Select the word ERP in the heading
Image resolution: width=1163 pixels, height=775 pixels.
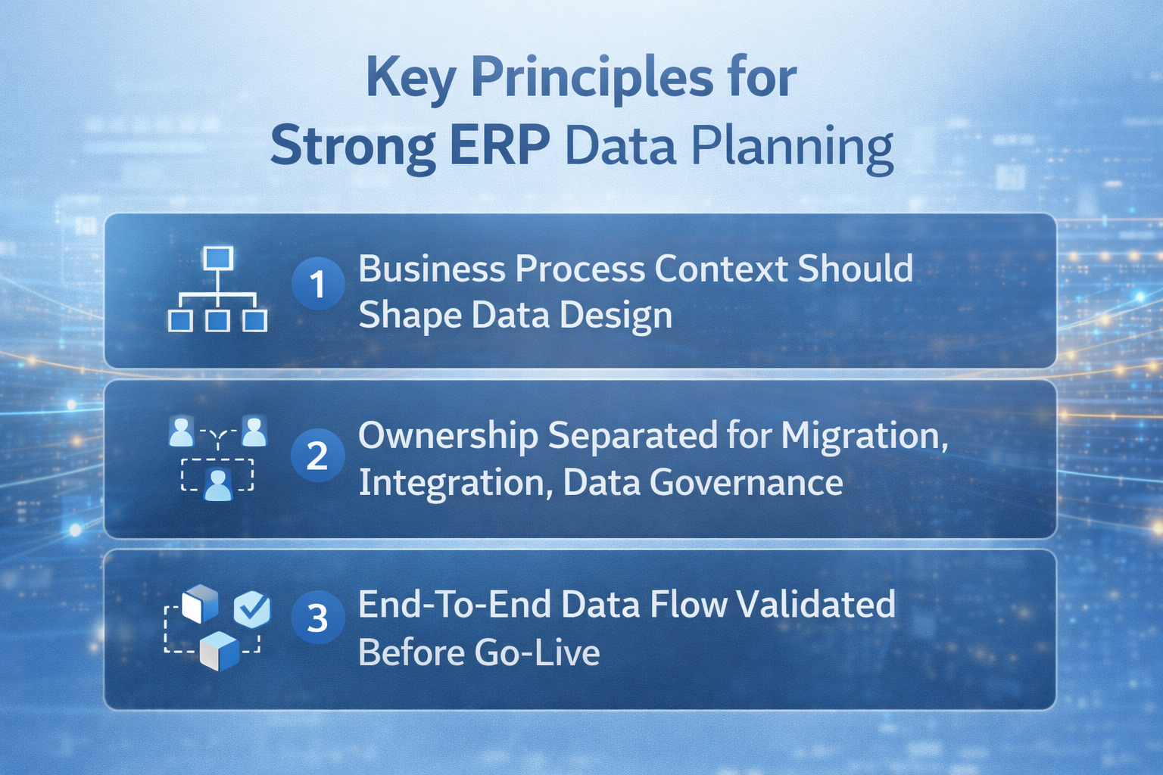(x=500, y=145)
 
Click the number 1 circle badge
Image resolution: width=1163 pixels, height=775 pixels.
(x=318, y=285)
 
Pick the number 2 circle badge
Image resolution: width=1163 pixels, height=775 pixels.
(x=318, y=456)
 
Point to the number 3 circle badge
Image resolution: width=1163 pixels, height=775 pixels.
(x=318, y=618)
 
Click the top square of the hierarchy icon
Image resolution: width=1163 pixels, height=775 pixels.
(x=218, y=259)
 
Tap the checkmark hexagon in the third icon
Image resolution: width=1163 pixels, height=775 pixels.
(x=252, y=608)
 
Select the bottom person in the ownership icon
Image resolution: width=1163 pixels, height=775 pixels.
(x=218, y=484)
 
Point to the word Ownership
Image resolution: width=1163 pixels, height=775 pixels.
(x=447, y=437)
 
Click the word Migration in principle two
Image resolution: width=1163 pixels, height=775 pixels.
(x=864, y=437)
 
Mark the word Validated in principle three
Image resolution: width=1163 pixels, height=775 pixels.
(x=815, y=605)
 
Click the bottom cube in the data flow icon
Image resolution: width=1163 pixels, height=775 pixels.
(x=219, y=651)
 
